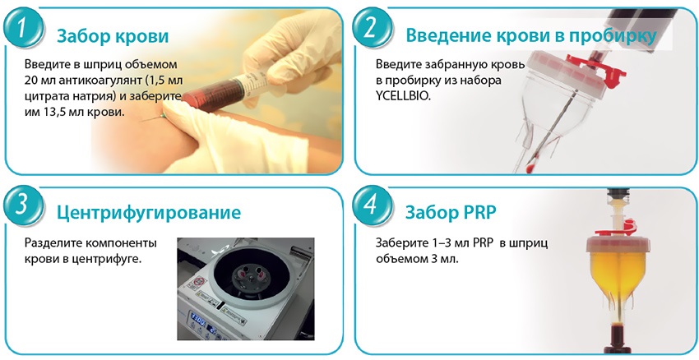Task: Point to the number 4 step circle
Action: tap(373, 209)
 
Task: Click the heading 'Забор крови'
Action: tap(113, 37)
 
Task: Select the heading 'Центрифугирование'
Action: tap(149, 213)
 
